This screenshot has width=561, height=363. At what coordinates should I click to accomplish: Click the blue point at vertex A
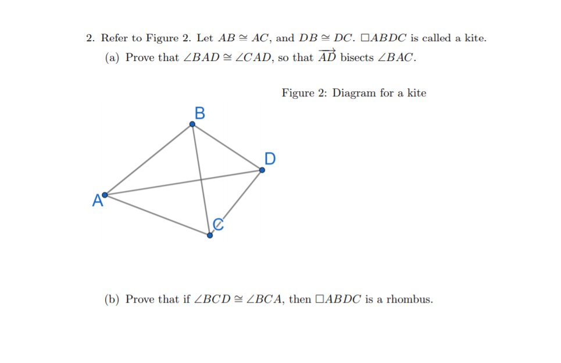click(105, 195)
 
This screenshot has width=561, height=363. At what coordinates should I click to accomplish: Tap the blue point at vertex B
click(192, 124)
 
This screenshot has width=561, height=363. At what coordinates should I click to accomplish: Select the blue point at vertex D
click(262, 170)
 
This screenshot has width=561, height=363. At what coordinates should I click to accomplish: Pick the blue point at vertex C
click(210, 235)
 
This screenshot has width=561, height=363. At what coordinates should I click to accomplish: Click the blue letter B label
click(199, 113)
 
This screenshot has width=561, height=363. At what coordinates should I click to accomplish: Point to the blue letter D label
click(270, 158)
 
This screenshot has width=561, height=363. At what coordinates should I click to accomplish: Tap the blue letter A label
click(96, 202)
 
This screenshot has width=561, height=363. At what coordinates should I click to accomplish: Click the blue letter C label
click(217, 224)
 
